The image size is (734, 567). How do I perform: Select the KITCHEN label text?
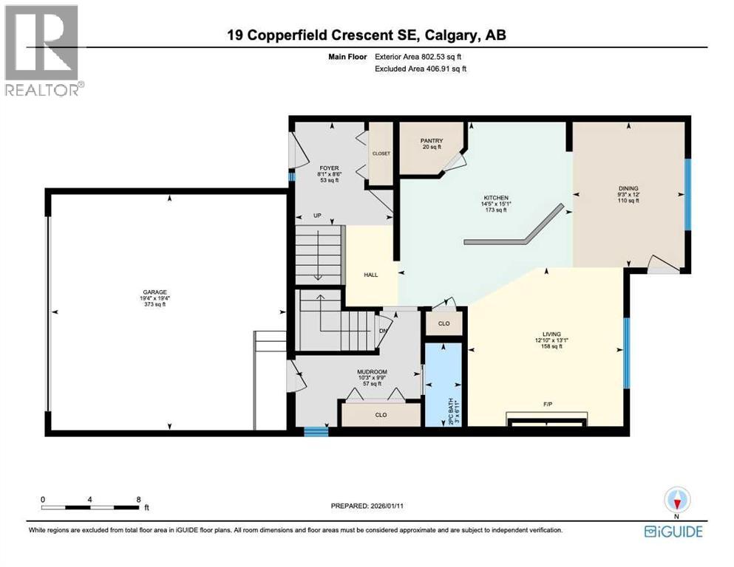point(495,198)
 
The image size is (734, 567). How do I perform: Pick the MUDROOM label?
point(372,371)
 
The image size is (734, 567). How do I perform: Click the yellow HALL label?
point(371,275)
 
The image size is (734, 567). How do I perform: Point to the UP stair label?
point(319,216)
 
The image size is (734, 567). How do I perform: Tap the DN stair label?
point(382,331)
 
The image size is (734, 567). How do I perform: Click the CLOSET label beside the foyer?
point(381,154)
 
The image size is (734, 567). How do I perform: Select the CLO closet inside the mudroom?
point(381,415)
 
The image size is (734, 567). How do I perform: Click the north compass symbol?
point(676,501)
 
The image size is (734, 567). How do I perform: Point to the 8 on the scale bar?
point(138,499)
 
